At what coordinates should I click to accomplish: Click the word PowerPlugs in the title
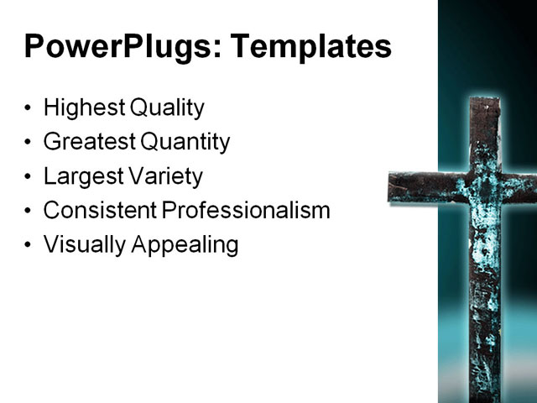[118, 47]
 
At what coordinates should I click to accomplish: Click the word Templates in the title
[310, 47]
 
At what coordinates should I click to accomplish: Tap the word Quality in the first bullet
[167, 108]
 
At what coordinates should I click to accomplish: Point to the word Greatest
[88, 142]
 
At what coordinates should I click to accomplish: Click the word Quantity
[185, 143]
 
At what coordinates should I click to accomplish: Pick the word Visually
[82, 245]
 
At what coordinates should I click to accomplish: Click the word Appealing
[182, 245]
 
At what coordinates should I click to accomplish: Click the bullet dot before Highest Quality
[29, 109]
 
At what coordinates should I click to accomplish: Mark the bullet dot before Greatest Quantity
[29, 144]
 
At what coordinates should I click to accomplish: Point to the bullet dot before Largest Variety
[29, 178]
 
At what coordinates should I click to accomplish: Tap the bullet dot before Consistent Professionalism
[29, 212]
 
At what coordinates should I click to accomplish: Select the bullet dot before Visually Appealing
[29, 246]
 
